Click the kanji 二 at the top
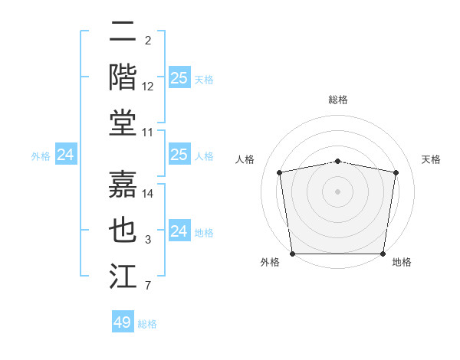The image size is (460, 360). (123, 32)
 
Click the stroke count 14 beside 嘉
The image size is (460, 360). (148, 194)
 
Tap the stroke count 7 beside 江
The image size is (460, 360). (148, 286)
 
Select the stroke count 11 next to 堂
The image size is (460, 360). (148, 133)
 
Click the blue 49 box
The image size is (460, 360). (123, 322)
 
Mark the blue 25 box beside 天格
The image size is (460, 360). (179, 77)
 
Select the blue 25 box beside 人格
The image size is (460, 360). (179, 155)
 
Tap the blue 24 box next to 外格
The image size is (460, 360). (66, 155)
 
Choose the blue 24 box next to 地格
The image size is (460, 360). (179, 231)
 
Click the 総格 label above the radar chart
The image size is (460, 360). (338, 100)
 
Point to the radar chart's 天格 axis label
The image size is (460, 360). (432, 159)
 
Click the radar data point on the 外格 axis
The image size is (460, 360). (292, 254)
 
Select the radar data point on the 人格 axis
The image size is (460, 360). (280, 172)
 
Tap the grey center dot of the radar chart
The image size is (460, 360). (338, 191)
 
